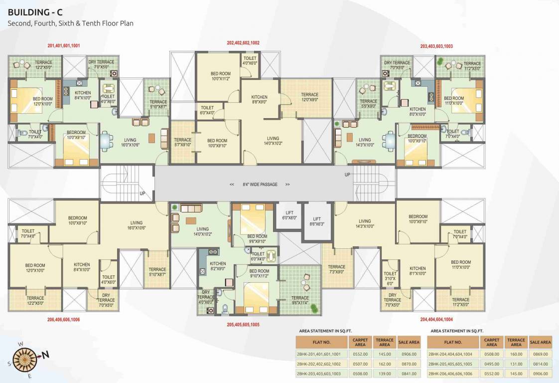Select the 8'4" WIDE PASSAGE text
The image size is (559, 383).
point(260,184)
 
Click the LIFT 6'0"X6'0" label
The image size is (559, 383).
point(289,214)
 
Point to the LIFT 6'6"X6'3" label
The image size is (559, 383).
point(317,221)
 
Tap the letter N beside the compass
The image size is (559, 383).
point(45,355)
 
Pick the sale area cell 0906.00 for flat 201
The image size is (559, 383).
point(409,354)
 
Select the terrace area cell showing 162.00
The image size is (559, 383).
point(384,364)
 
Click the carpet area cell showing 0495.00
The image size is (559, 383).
point(491,364)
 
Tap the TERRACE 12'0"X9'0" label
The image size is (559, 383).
point(309,97)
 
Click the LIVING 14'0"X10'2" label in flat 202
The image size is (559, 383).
point(273,141)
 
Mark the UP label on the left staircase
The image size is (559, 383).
point(142,193)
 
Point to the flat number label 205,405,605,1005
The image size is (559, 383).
point(243,324)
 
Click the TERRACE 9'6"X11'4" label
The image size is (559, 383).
point(300,300)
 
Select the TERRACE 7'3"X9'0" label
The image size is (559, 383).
point(336,269)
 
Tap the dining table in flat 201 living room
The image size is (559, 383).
point(105,140)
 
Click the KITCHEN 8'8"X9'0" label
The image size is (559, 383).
point(259,99)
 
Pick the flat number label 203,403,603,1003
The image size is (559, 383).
point(436,46)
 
